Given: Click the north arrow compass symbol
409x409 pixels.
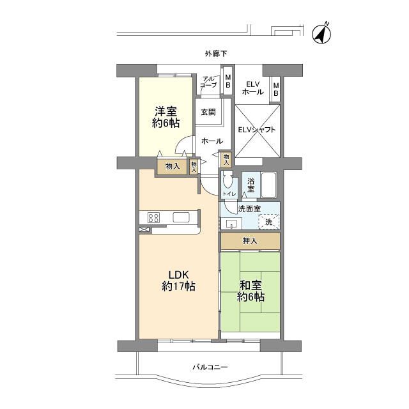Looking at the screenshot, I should click(x=321, y=33).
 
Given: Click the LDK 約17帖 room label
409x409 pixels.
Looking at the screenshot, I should click(x=178, y=281).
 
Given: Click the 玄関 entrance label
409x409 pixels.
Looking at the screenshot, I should click(x=208, y=112).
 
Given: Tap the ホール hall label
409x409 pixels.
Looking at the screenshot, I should click(x=212, y=141).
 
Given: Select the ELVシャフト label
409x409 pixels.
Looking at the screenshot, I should click(x=257, y=130).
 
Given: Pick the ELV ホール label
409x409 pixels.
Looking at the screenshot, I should click(x=252, y=88).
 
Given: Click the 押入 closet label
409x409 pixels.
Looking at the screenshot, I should click(x=251, y=241).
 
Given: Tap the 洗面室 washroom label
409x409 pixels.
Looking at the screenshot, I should click(x=248, y=208).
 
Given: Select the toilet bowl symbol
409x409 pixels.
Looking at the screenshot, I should click(x=228, y=179).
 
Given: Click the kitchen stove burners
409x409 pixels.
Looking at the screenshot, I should click(x=154, y=217).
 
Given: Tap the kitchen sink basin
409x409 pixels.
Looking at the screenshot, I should click(x=181, y=217).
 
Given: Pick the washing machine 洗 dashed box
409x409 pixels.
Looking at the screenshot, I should click(x=269, y=221).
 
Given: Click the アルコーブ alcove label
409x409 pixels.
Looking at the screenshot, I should click(x=208, y=81).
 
